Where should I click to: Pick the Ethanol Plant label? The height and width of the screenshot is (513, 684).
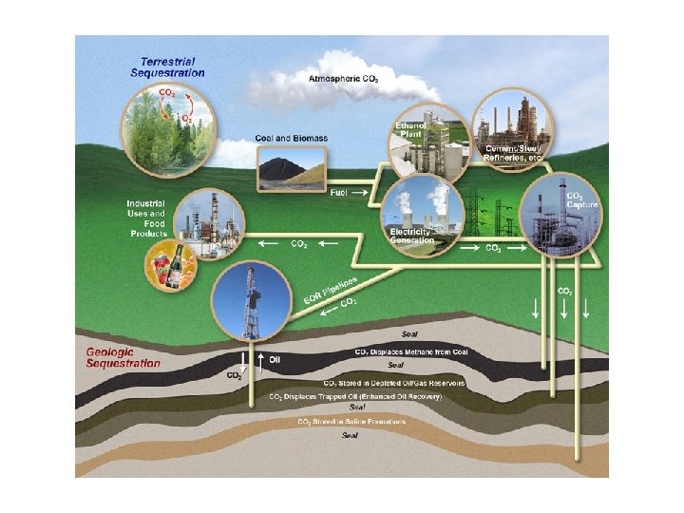pos(410,131)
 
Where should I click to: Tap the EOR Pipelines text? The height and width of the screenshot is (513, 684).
pos(330,291)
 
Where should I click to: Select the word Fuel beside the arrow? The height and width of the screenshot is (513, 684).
pos(338,193)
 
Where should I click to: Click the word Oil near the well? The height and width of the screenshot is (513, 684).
pos(275,360)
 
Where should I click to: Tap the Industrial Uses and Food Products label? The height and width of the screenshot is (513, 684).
pos(147,218)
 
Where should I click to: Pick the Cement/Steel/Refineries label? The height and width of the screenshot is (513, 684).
pos(513,153)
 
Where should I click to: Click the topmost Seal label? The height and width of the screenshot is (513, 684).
pos(409,334)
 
